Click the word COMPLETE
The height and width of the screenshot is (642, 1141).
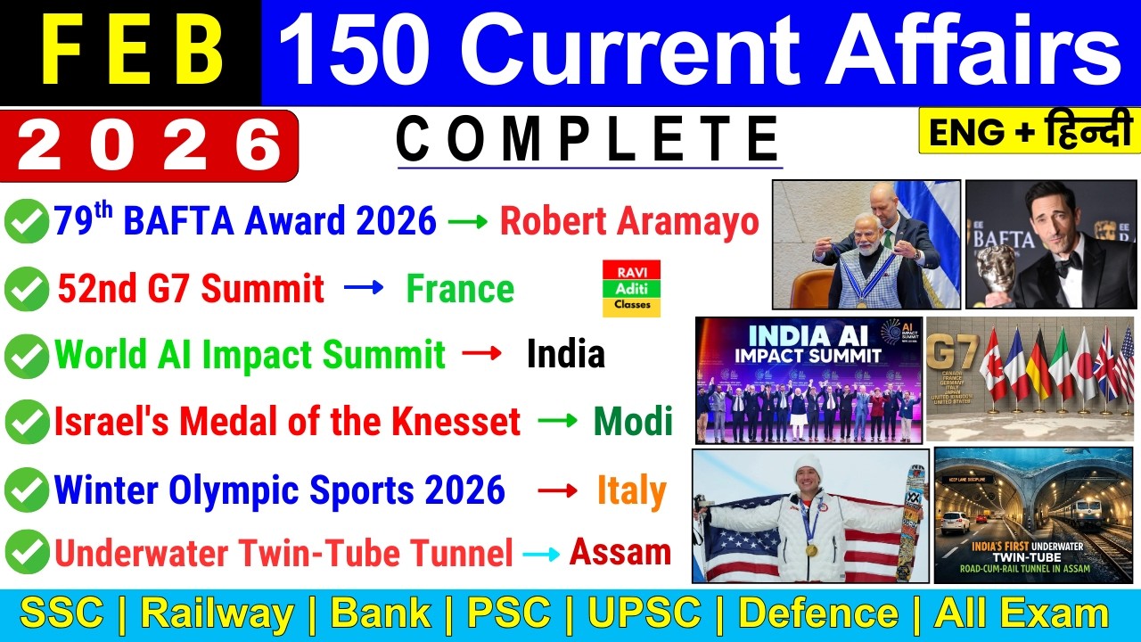[589, 140]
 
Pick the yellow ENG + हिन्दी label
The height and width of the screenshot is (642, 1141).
[1029, 131]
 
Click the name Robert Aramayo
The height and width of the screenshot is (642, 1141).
[628, 221]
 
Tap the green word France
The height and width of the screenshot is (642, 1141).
[460, 289]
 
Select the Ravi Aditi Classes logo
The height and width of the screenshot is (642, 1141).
[631, 289]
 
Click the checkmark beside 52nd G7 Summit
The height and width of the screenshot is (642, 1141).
[27, 290]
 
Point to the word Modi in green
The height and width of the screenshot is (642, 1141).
[633, 422]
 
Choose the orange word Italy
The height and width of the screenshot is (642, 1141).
[631, 491]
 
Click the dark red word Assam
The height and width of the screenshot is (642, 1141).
[620, 552]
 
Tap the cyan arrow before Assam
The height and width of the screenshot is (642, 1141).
[541, 554]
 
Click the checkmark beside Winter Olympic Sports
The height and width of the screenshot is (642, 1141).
[27, 491]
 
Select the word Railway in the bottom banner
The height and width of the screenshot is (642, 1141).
[217, 614]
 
